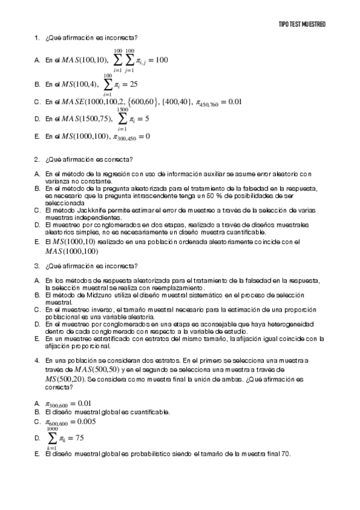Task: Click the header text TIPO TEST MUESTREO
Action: pyautogui.click(x=302, y=24)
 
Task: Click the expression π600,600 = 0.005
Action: pyautogui.click(x=70, y=422)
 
